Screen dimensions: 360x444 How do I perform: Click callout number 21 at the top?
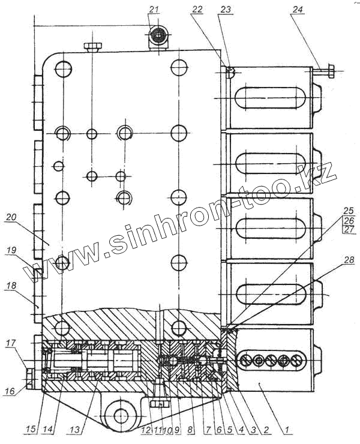[154, 10]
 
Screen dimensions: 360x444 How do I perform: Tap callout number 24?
[297, 10]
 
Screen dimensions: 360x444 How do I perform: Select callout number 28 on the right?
[349, 260]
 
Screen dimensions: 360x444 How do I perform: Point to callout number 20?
[11, 217]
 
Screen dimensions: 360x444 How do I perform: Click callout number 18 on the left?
[11, 286]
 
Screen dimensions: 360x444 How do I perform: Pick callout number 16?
[10, 391]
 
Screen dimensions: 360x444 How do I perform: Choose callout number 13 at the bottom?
[74, 430]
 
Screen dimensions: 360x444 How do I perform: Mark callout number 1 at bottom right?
[287, 430]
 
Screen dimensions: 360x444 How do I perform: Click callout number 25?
[349, 211]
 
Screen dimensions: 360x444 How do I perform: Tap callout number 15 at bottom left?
[31, 429]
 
